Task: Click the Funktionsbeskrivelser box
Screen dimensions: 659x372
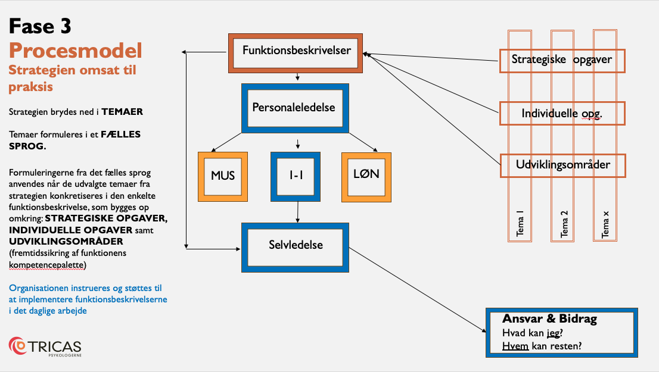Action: click(296, 53)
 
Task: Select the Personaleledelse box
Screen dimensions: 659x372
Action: click(295, 108)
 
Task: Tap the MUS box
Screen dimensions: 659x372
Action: click(223, 177)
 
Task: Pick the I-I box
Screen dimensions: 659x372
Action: click(296, 177)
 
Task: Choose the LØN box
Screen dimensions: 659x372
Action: click(366, 177)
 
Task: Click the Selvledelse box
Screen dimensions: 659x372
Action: click(295, 247)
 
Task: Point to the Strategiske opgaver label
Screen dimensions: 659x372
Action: click(561, 60)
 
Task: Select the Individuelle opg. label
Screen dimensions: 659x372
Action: click(562, 113)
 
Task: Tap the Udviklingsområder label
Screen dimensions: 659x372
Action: click(562, 165)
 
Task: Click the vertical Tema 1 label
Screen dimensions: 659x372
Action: click(520, 223)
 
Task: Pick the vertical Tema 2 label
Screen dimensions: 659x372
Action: click(564, 224)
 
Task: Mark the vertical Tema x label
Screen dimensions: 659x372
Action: click(605, 224)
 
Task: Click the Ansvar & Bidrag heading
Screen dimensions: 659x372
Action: click(550, 318)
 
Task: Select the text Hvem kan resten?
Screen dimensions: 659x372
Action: click(542, 346)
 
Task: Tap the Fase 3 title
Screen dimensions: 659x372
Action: click(40, 26)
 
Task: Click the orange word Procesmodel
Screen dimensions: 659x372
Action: click(76, 51)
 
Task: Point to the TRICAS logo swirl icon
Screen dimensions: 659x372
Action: click(17, 346)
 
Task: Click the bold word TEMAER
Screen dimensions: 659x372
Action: click(122, 112)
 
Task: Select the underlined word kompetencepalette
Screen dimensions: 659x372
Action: click(46, 265)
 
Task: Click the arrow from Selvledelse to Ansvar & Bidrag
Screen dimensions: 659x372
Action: click(417, 290)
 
